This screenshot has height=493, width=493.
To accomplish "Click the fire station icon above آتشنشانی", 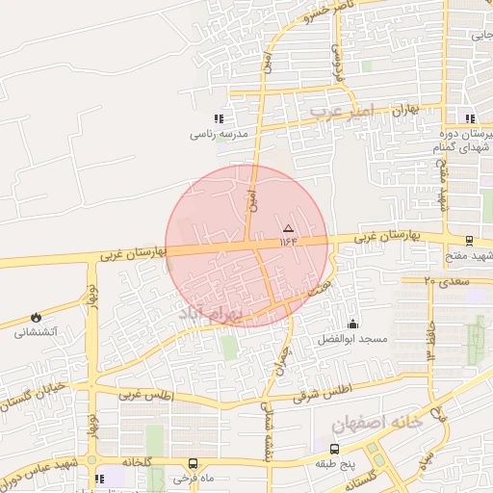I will tap(37, 317).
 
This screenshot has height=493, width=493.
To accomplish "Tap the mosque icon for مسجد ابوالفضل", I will tap(352, 324).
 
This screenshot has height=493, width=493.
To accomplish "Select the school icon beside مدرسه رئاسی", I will tap(230, 119).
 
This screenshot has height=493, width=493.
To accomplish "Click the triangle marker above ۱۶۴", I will tap(288, 228).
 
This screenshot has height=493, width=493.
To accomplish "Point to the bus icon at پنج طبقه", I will tap(334, 449).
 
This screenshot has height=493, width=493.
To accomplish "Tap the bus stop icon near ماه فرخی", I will tap(193, 463).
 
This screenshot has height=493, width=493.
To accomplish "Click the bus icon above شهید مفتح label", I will tap(469, 241).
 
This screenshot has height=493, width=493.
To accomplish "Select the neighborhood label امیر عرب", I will tap(336, 113).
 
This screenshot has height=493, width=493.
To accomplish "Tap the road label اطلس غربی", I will tap(144, 395).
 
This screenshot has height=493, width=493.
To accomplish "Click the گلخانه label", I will tap(135, 463).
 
